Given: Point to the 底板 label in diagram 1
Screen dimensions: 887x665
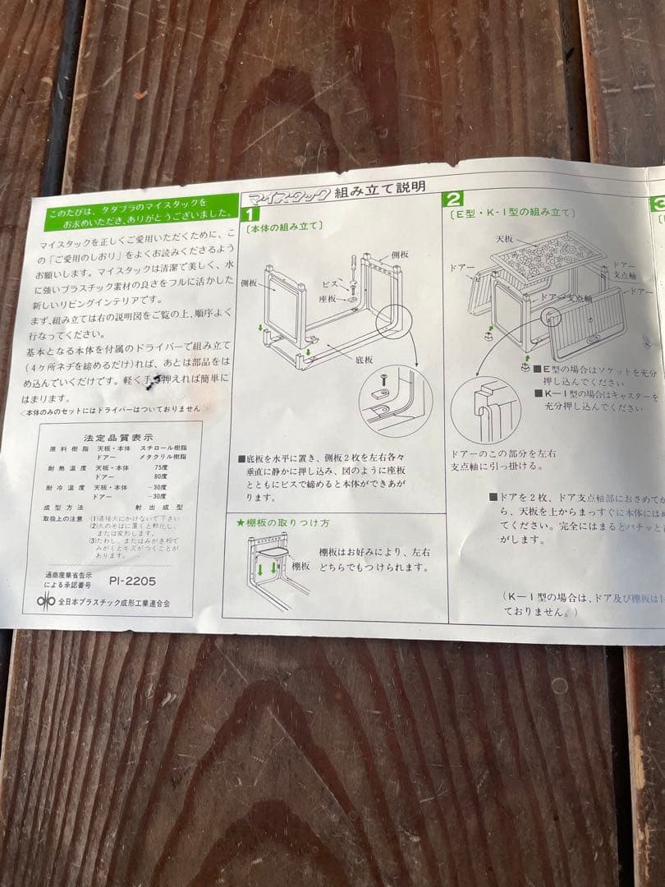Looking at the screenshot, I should (x=365, y=360).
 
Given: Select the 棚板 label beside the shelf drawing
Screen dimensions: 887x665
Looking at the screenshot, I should (x=301, y=566).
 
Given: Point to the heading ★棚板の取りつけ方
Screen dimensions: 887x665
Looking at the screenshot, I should (x=282, y=522).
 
